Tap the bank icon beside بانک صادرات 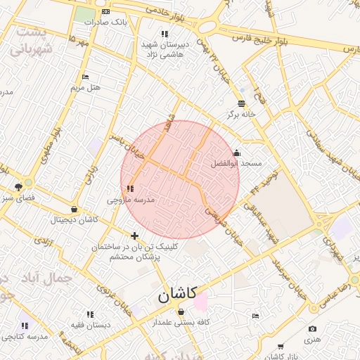(105, 12)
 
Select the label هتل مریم (86, 88)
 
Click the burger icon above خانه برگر (241, 103)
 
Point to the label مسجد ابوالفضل (236, 162)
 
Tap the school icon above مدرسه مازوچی (130, 188)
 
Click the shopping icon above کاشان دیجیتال (75, 209)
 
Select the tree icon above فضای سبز (18, 187)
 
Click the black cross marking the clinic (134, 236)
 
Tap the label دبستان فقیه (90, 325)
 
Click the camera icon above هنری (312, 329)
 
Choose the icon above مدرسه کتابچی (25, 326)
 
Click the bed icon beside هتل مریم (86, 77)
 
